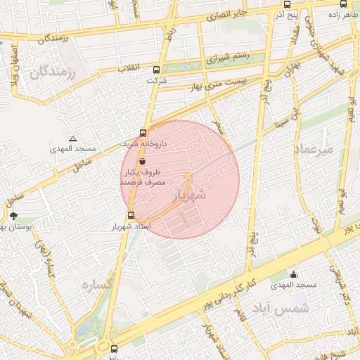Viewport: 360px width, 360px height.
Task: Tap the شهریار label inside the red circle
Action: coord(189,195)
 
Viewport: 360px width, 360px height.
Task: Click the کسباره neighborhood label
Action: coord(97,284)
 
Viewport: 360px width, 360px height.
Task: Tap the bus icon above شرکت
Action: coord(156,69)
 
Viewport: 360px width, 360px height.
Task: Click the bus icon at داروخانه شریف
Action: coord(143,132)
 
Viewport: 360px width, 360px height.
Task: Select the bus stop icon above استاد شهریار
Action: coord(131,215)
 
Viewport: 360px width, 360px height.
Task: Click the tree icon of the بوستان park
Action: coord(13,216)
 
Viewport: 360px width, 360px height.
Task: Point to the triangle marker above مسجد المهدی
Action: coord(72,139)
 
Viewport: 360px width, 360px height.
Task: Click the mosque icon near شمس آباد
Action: coord(293,274)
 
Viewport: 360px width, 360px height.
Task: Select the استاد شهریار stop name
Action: coord(130,228)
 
